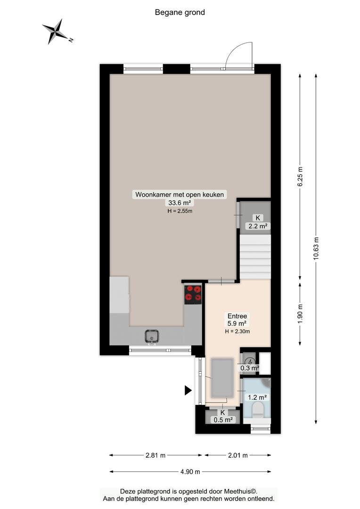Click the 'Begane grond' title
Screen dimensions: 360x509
180,12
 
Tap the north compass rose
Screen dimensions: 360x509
57,32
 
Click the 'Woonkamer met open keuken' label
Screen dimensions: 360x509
180,195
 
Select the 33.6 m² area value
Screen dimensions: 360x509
179,203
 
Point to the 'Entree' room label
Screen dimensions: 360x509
237,316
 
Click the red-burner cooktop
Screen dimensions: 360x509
193,294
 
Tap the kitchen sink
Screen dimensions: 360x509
152,336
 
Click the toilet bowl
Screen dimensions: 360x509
259,410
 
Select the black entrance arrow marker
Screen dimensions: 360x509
188,390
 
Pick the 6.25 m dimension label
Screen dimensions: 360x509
300,176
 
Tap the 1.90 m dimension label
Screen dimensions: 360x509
300,313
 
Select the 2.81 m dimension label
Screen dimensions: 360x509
155,455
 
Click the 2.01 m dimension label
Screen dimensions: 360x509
238,455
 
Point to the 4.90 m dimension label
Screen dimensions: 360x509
190,472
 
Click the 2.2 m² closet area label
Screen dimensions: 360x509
258,226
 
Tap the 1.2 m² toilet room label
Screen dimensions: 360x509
257,397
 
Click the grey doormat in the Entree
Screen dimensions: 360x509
222,378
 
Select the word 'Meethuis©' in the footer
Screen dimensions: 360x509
241,492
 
